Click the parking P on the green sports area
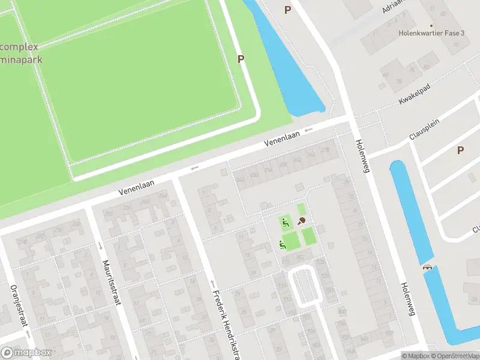tap(241, 59)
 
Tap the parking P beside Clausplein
tap(460, 150)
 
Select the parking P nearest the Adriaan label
tap(287, 10)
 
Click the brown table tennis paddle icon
tap(302, 221)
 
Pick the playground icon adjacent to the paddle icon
tap(286, 223)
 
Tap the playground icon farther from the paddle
tap(281, 244)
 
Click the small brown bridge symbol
tap(427, 268)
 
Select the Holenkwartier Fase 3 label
tap(432, 33)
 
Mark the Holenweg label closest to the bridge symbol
tap(407, 299)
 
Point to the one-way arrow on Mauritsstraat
tap(100, 245)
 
